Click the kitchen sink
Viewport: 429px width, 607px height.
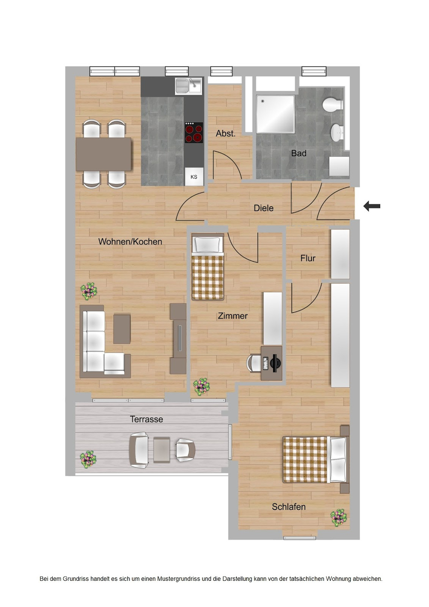188,85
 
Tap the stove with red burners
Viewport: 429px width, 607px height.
194,133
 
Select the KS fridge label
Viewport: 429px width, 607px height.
194,177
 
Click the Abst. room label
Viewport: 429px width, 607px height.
226,133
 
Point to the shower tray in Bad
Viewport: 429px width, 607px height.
275,114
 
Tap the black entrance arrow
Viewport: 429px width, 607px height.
372,206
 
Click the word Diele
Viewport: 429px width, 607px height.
263,208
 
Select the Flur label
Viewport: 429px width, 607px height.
308,258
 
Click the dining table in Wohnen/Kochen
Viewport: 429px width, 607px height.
103,154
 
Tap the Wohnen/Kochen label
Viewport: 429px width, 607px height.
130,242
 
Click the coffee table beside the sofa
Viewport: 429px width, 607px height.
122,329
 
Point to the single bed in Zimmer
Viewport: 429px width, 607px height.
208,268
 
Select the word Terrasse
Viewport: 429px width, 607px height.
146,419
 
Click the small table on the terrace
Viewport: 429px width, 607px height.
162,450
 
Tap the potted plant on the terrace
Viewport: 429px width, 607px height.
88,459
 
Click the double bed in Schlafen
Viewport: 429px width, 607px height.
315,459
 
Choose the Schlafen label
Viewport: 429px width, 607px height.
289,507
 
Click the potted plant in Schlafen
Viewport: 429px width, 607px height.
338,517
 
